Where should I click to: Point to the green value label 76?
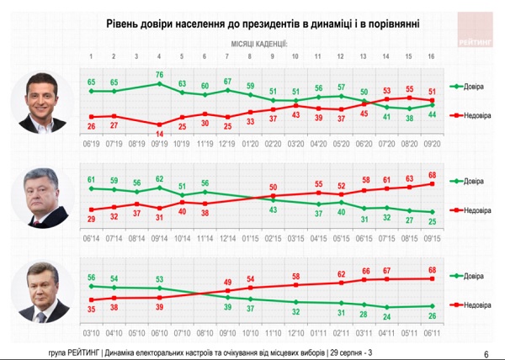[159, 75]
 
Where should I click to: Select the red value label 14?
[159, 134]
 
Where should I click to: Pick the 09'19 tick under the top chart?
[159, 146]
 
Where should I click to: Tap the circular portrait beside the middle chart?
[36, 198]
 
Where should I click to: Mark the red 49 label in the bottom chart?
[227, 282]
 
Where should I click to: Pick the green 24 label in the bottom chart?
[385, 317]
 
